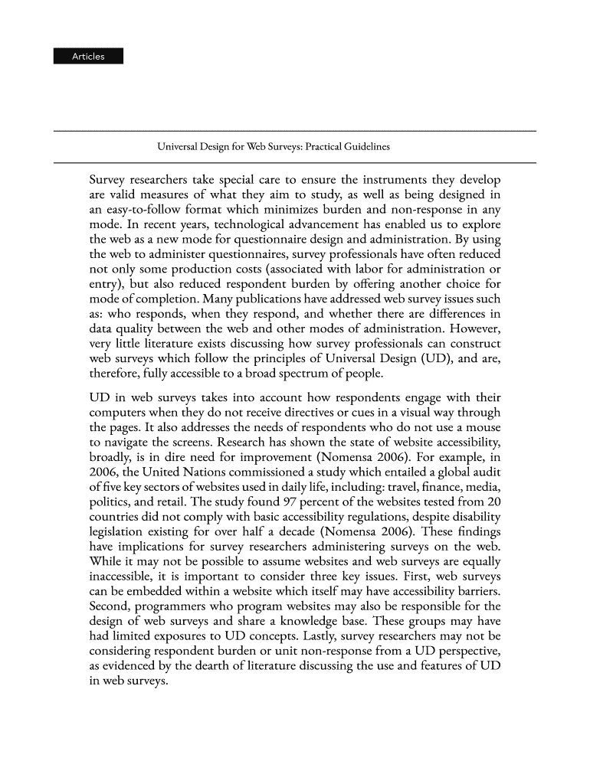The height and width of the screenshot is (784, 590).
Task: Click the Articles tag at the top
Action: coord(88,56)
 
